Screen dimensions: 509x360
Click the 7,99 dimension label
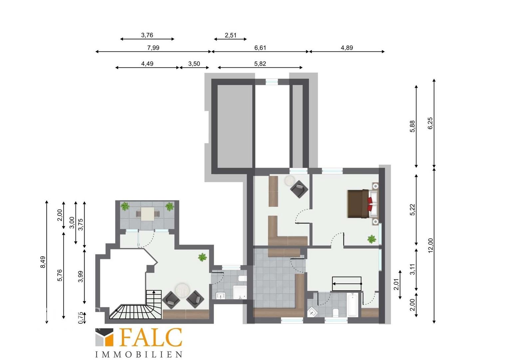coord(153,48)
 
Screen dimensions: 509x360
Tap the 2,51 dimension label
coord(231,35)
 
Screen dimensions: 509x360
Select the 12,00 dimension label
coord(430,245)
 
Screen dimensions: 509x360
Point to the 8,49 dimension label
coord(43,262)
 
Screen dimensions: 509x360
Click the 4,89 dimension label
coord(347,48)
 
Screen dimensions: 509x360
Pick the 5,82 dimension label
coord(260,64)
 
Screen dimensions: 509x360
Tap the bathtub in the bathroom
coord(352,305)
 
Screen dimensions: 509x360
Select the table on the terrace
coord(148,214)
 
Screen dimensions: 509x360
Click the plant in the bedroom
coord(371,239)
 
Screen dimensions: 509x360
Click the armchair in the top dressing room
coord(299,189)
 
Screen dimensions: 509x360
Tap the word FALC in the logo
coord(151,337)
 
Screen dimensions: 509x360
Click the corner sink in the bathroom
coord(313,312)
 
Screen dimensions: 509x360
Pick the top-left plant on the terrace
coord(125,206)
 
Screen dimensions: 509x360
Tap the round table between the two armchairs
coord(183,290)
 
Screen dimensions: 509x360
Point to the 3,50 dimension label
coord(194,64)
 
